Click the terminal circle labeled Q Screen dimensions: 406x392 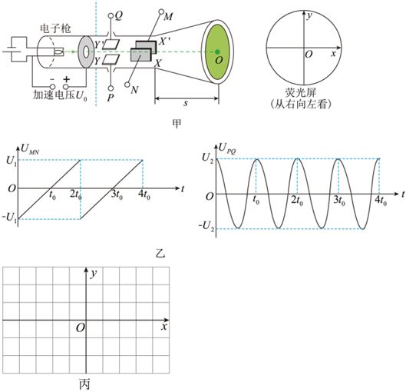(111, 16)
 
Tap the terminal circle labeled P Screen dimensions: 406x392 (111, 88)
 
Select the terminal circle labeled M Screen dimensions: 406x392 (161, 12)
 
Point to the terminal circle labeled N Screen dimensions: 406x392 (127, 85)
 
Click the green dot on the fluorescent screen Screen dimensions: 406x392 (217, 51)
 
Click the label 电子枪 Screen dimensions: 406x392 (55, 28)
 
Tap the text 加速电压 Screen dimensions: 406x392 (54, 95)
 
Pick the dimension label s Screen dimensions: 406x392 (186, 104)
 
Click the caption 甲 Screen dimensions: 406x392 (177, 124)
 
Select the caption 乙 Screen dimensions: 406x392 (160, 254)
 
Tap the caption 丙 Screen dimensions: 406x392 (84, 384)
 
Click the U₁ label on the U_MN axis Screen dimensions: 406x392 (12, 161)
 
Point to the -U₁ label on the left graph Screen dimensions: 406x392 (9, 218)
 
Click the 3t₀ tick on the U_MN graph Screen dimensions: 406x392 (117, 194)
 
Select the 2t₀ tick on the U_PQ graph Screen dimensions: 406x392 (297, 201)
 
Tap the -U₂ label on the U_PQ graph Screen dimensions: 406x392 (206, 226)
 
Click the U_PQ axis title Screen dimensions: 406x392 (227, 148)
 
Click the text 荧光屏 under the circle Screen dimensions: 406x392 (301, 92)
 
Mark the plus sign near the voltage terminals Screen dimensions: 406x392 (67, 79)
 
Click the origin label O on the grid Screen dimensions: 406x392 (81, 328)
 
